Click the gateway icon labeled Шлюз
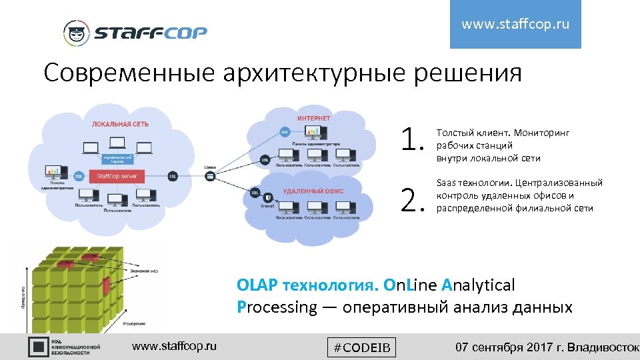[x=209, y=176]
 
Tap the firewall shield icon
[x=268, y=197]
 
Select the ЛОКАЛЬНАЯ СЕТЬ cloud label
[x=120, y=123]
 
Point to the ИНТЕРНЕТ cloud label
[x=313, y=118]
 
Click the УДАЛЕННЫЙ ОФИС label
[x=313, y=191]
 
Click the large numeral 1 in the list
[x=412, y=140]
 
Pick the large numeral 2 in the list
[x=412, y=198]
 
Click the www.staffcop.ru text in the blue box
[x=515, y=25]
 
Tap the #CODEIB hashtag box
[x=362, y=347]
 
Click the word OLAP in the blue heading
[x=257, y=285]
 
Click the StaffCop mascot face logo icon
[x=76, y=33]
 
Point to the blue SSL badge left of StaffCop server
[x=78, y=176]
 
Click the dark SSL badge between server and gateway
[x=172, y=176]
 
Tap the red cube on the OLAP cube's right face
[x=107, y=293]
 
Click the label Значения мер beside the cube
[x=144, y=270]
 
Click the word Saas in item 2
[x=446, y=182]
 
